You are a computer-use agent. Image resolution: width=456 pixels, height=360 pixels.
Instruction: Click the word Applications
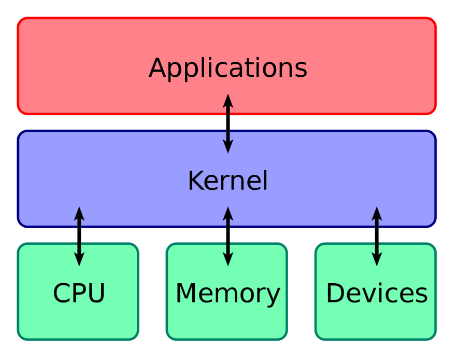click(x=228, y=68)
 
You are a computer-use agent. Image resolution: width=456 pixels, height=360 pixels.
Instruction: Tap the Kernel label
click(x=227, y=181)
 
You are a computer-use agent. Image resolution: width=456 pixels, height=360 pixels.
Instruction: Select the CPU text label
click(x=79, y=293)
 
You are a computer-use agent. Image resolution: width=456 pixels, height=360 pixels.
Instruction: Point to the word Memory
click(x=227, y=295)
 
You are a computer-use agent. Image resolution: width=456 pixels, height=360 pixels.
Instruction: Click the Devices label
click(x=377, y=293)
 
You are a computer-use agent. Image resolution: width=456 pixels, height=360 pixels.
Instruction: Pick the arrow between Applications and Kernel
click(x=228, y=123)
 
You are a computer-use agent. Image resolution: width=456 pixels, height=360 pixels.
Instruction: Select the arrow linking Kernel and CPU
click(x=79, y=237)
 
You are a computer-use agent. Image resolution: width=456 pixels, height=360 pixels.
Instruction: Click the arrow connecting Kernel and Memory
click(x=228, y=237)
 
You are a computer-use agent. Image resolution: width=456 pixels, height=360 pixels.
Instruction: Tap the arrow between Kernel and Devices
click(x=377, y=237)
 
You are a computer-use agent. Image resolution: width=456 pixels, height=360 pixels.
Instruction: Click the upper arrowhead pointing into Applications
click(x=228, y=101)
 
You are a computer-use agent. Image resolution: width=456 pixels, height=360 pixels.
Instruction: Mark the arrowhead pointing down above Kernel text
click(x=228, y=146)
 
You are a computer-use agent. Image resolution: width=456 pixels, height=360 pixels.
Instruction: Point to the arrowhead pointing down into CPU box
click(x=79, y=259)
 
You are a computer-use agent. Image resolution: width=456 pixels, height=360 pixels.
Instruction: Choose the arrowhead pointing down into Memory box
click(x=228, y=259)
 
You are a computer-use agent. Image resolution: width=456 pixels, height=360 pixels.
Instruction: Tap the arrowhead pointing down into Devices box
click(x=377, y=259)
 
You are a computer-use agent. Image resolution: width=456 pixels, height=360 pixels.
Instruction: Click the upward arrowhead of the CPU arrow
click(x=79, y=213)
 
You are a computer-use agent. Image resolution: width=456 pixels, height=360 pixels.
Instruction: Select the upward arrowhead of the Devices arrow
click(x=377, y=213)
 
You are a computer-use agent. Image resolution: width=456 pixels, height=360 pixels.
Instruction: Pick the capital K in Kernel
click(x=197, y=181)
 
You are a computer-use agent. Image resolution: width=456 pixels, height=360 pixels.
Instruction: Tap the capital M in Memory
click(x=187, y=293)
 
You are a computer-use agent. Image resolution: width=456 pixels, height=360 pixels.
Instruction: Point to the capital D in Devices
click(x=336, y=293)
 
